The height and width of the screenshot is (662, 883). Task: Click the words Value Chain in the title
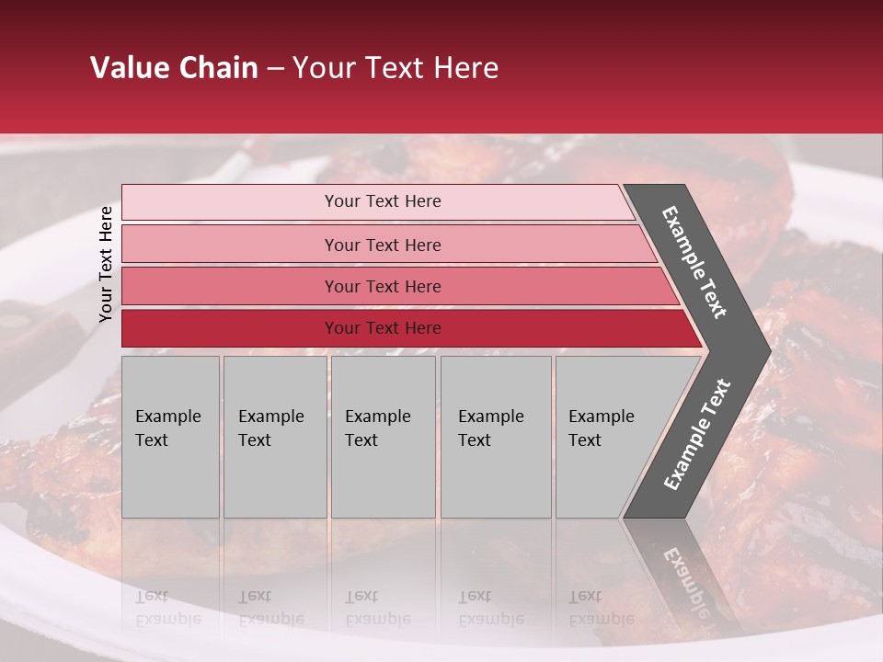174,68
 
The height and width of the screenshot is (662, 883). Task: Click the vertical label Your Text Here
106,264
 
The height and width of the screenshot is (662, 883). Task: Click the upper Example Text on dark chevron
694,262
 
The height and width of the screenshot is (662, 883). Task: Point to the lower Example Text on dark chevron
696,435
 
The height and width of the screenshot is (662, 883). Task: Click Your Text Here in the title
396,68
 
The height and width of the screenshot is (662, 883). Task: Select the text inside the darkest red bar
383,328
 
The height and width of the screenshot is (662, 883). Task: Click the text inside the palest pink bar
383,201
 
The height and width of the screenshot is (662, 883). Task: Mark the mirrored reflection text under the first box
167,608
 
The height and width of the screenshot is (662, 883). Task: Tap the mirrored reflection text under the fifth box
601,608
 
